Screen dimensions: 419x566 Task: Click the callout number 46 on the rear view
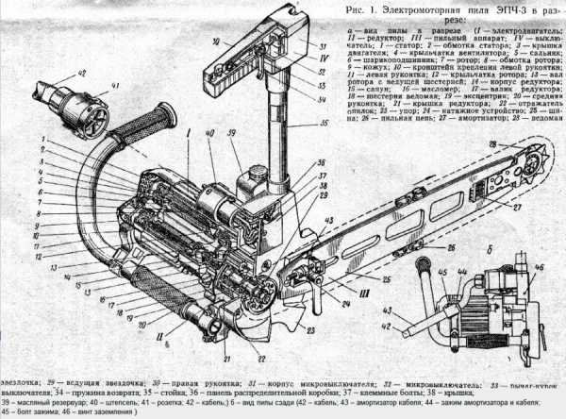point(541,268)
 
